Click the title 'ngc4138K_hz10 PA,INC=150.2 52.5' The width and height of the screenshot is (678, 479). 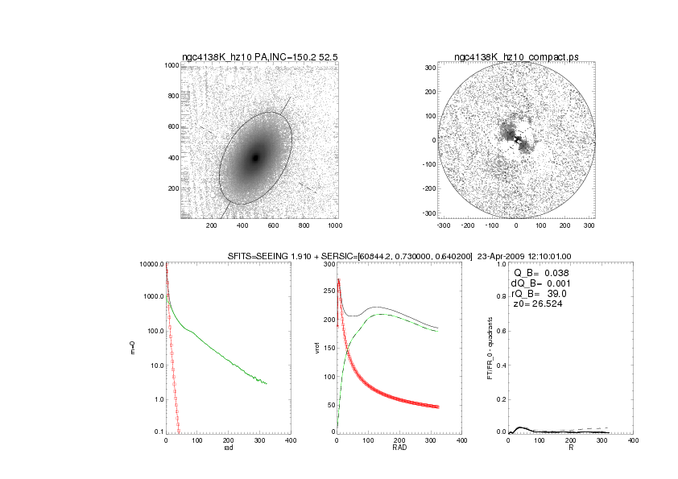(x=259, y=57)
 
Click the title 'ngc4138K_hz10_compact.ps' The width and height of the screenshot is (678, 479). (x=515, y=57)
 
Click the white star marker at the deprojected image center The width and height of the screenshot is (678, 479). (x=517, y=140)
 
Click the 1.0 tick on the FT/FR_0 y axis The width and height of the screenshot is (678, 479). (x=500, y=264)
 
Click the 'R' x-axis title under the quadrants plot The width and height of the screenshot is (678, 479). (x=571, y=448)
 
